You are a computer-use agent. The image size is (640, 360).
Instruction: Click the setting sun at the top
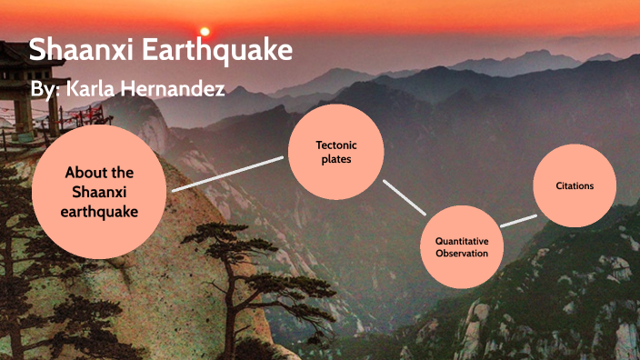pos(205,31)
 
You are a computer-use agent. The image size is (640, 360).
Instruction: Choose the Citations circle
pos(575,186)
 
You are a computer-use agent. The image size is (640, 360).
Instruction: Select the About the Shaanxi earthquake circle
pos(99,192)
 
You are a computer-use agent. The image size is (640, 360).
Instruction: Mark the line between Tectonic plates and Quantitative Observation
pos(405,197)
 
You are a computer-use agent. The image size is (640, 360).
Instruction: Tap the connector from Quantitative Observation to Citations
pos(518,220)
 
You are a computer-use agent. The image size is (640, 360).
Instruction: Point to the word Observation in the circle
pos(462,254)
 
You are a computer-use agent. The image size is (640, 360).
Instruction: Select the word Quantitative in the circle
pos(462,240)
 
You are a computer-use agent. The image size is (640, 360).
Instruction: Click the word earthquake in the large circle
pos(100,211)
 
